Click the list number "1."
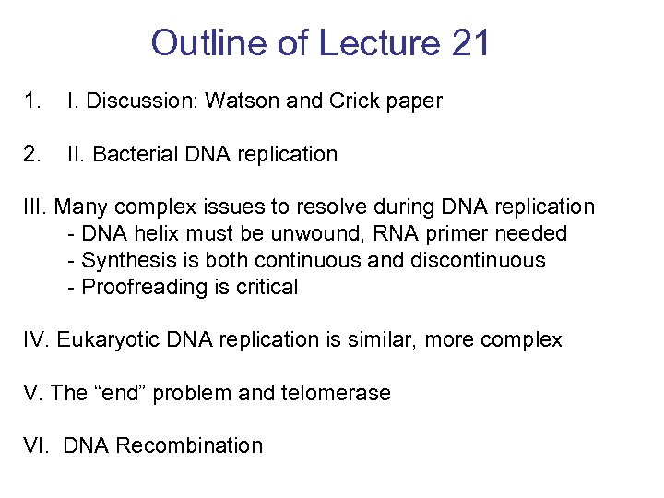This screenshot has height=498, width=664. (x=32, y=101)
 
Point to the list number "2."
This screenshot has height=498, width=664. (x=32, y=154)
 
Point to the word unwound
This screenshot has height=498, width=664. (x=292, y=234)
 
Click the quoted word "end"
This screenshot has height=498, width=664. (x=120, y=393)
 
